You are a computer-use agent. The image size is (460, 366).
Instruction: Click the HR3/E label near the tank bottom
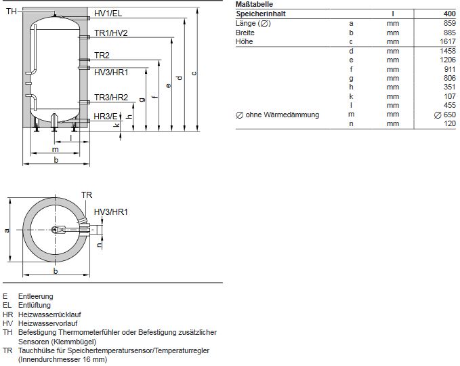coord(106,117)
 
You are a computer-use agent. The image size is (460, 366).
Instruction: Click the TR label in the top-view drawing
coord(87,195)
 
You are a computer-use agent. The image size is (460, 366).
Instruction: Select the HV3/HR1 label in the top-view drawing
coord(111,213)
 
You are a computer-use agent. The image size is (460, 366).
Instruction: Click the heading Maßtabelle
coord(255,5)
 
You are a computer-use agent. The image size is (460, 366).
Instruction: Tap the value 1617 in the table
coord(447,42)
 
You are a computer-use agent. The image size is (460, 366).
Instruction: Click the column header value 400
coord(450,14)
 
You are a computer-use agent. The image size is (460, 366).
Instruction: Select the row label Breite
coord(245,33)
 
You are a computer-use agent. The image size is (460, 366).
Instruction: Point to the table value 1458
coord(447,51)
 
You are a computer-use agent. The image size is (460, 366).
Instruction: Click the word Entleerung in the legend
coord(36,296)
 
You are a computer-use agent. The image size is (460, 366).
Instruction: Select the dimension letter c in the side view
coord(194,73)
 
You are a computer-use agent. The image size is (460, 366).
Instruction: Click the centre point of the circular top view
coord(56,230)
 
